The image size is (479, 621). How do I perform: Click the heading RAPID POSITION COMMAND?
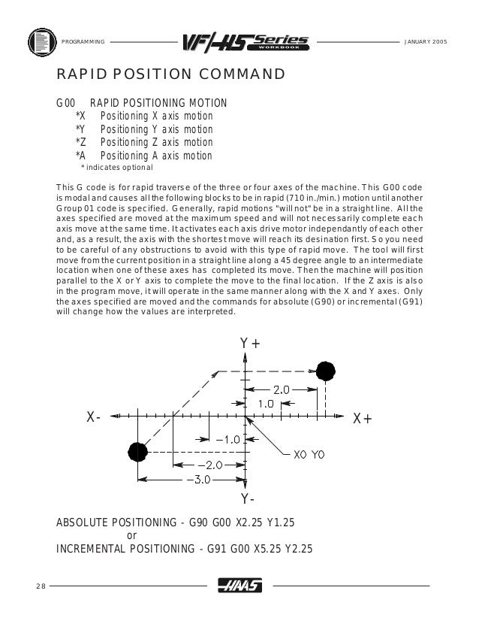(x=170, y=75)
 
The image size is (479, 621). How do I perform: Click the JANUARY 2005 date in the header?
(x=425, y=39)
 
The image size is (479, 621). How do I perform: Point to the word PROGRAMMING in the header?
(x=83, y=39)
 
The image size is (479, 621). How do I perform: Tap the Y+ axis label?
(x=250, y=344)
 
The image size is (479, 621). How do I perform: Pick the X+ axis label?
(x=362, y=419)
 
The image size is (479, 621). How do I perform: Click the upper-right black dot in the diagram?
(x=325, y=371)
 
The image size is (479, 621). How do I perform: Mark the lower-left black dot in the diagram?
(x=137, y=451)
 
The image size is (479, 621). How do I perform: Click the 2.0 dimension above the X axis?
(x=281, y=389)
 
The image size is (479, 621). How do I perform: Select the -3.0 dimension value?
(x=200, y=479)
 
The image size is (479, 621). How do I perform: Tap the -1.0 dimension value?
(x=227, y=438)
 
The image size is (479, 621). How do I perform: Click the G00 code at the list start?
(x=66, y=102)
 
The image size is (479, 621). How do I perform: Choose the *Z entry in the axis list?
(x=80, y=143)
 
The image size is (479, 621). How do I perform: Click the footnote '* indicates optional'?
(x=116, y=168)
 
